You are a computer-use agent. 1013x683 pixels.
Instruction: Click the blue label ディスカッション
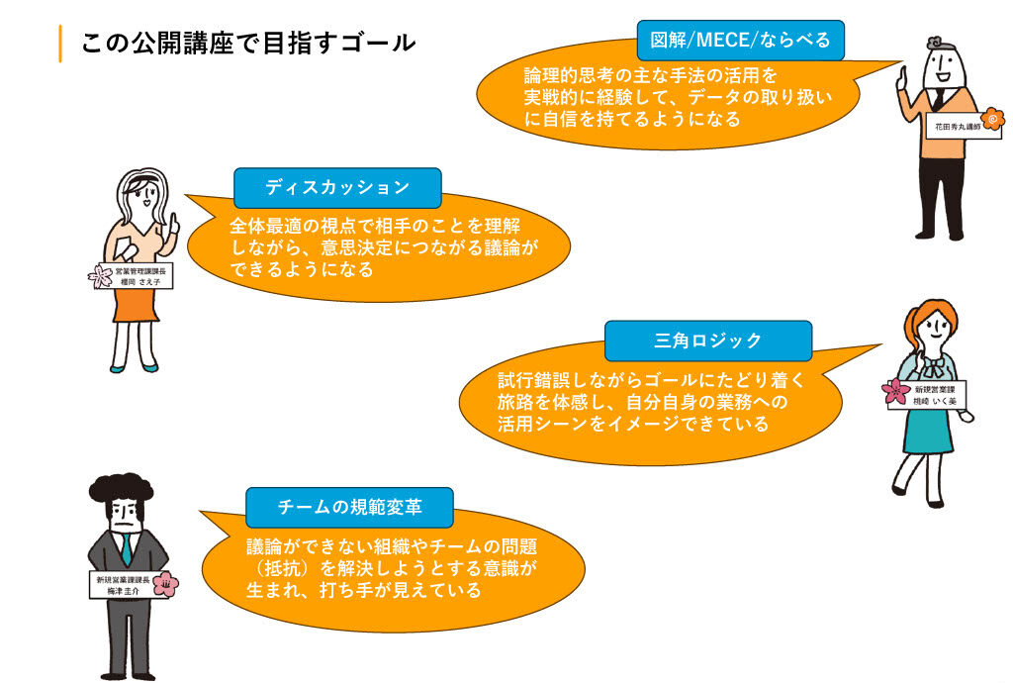[336, 187]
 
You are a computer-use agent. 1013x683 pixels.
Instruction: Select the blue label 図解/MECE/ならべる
[740, 41]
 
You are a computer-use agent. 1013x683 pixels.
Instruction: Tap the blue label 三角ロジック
[707, 341]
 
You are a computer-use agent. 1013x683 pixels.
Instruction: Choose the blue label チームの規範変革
[349, 507]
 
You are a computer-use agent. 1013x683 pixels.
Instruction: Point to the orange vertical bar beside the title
[60, 44]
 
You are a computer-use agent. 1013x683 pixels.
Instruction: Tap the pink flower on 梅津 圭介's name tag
[166, 582]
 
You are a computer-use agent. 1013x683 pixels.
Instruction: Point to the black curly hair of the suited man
[123, 488]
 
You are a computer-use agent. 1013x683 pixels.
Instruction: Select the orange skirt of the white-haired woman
[137, 306]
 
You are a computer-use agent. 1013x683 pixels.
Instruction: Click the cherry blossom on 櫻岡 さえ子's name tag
[101, 275]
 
